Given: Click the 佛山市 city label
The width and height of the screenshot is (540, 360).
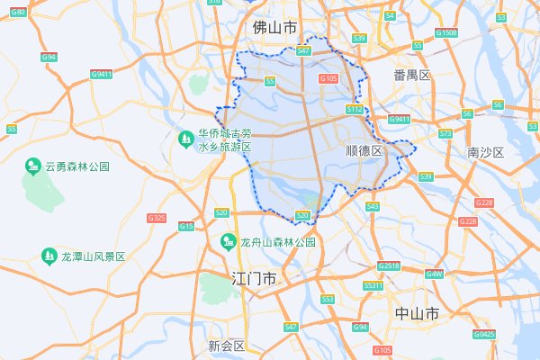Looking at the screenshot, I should click(x=274, y=28).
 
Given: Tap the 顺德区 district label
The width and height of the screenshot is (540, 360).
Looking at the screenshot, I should click(x=364, y=151).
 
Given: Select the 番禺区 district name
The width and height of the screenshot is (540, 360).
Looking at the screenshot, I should click(x=413, y=75).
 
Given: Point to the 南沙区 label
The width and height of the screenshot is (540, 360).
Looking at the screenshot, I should click(x=485, y=152).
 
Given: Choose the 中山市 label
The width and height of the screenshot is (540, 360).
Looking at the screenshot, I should click(x=417, y=313).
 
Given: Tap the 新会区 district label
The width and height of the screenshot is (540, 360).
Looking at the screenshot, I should click(x=226, y=346).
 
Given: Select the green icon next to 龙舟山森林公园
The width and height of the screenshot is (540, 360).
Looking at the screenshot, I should click(x=229, y=241).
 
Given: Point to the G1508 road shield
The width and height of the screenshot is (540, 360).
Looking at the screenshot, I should click(x=445, y=33).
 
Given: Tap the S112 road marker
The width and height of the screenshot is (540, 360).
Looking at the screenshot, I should click(x=354, y=109).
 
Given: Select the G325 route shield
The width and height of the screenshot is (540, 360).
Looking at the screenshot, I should click(x=156, y=218).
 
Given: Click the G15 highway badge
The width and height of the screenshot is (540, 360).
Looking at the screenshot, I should click(x=185, y=226).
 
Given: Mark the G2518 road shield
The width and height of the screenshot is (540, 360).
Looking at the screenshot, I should click(x=389, y=266).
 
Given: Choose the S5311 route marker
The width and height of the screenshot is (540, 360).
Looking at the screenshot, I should click(x=373, y=285).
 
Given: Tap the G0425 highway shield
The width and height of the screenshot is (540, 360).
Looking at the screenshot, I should click(x=485, y=334).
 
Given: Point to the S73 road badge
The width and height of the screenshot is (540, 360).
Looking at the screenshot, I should click(x=445, y=134).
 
